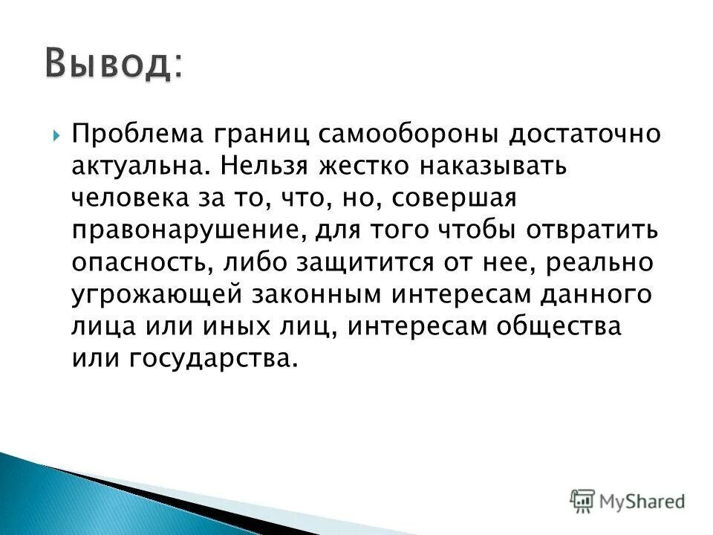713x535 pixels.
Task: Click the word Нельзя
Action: [x=264, y=166]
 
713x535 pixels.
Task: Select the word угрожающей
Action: [x=160, y=294]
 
